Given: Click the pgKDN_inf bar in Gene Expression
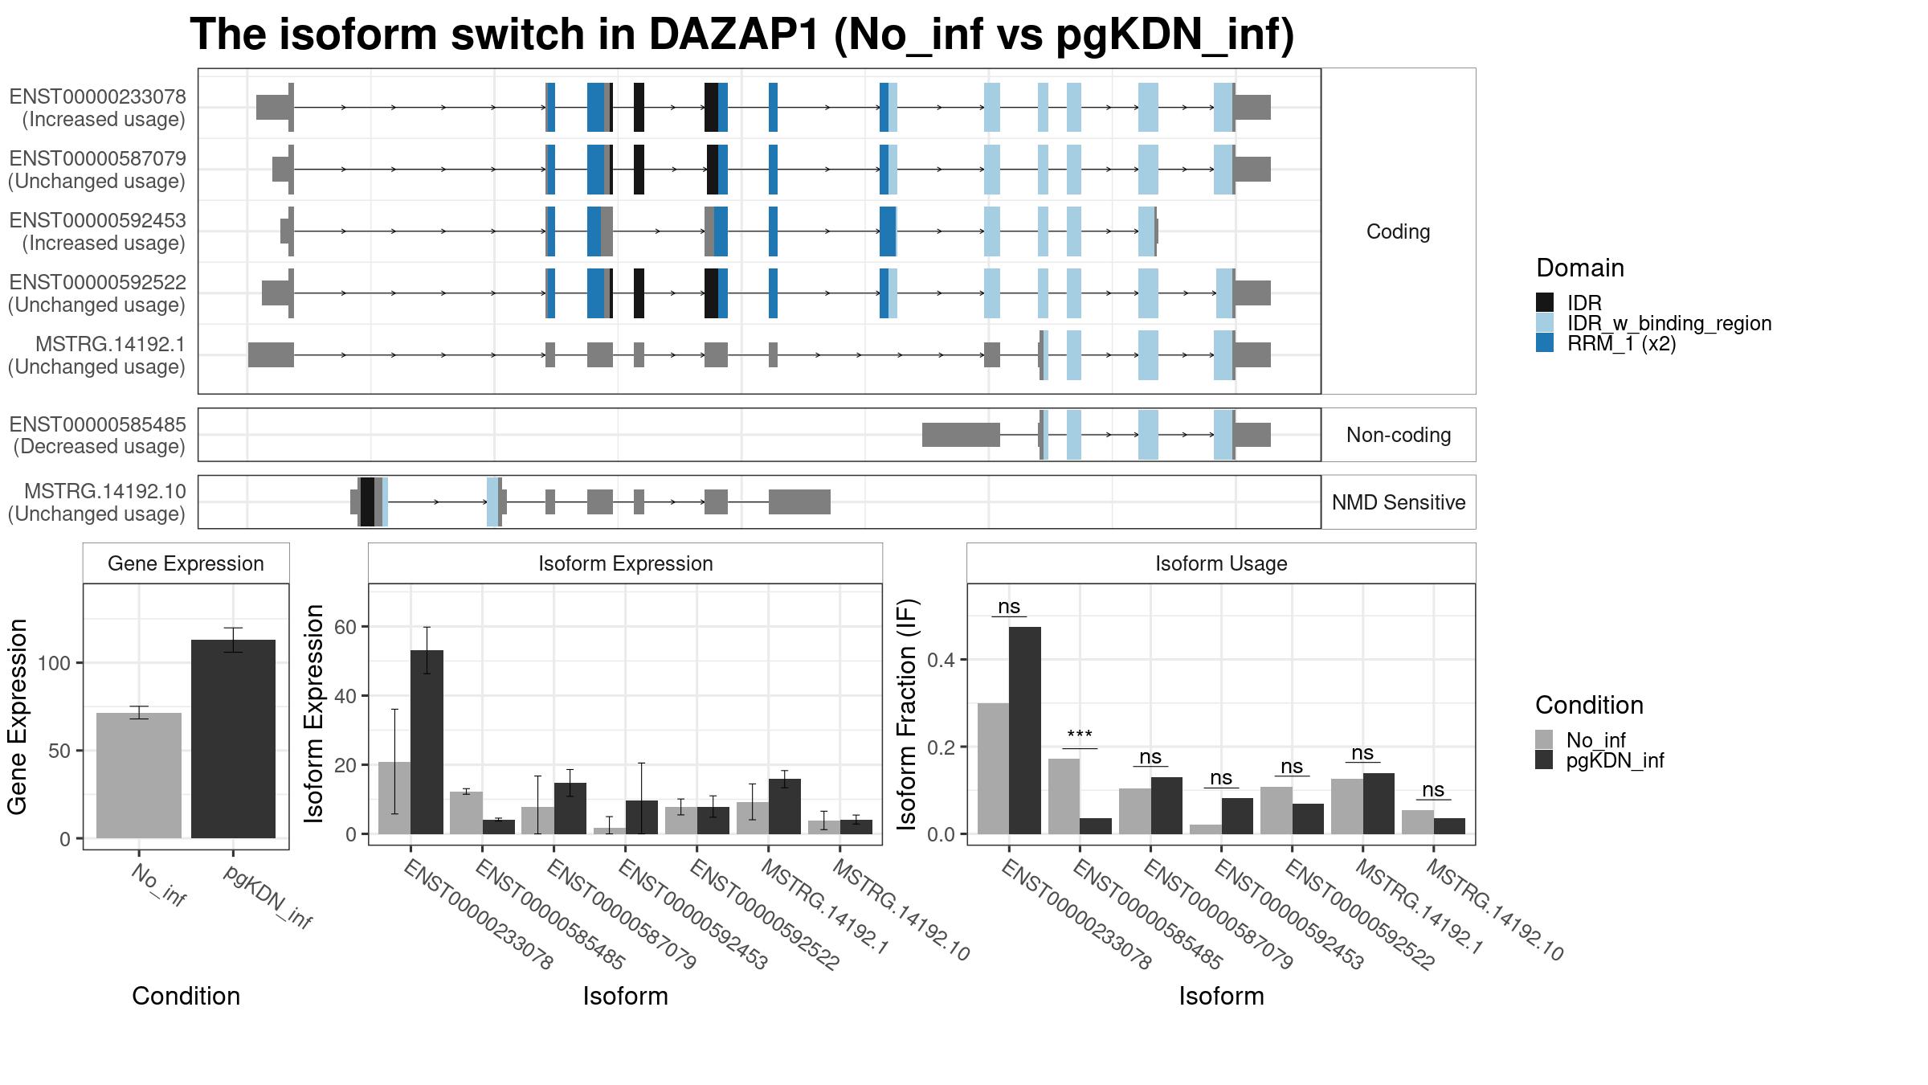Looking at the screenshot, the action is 233,739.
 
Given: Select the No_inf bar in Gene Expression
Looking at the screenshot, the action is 139,776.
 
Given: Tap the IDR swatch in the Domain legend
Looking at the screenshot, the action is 1545,302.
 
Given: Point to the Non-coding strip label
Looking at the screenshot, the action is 1399,435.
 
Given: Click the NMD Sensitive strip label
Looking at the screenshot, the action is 1399,502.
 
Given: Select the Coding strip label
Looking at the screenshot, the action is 1399,231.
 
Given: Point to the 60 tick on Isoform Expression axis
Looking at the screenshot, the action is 345,627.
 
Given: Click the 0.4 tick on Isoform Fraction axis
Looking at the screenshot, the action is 944,660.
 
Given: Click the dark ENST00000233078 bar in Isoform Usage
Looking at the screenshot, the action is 1025,731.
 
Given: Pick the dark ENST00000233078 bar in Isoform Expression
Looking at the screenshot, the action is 427,742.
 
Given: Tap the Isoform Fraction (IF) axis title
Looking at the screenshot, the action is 908,714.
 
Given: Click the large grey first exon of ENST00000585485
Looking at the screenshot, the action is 961,435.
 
